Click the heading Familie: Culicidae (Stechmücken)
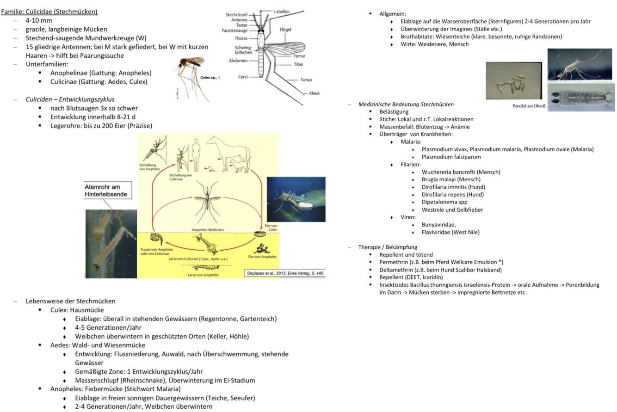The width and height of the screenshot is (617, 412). (49, 11)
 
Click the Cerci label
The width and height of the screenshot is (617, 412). (245, 77)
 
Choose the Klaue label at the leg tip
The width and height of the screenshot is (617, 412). (314, 93)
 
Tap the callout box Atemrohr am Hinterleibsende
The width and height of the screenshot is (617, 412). (105, 191)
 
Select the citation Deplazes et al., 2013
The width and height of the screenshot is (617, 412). (284, 272)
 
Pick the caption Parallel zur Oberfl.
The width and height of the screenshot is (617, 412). (529, 106)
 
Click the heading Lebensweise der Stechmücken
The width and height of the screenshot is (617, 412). (70, 301)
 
